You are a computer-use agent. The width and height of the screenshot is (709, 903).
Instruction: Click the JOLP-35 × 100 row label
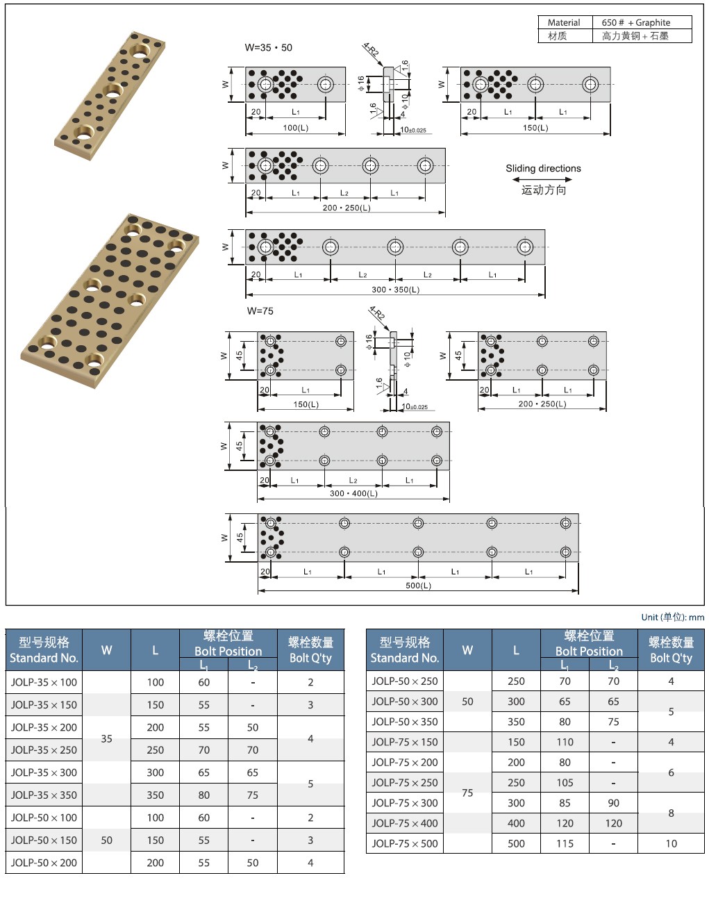(x=44, y=682)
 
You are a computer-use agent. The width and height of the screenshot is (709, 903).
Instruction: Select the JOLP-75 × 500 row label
(x=405, y=843)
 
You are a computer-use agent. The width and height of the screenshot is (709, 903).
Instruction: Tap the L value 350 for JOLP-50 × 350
(x=516, y=722)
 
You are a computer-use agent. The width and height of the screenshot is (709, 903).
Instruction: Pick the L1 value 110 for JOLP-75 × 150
(x=565, y=742)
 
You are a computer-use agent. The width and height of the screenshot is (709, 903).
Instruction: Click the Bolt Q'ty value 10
(x=671, y=843)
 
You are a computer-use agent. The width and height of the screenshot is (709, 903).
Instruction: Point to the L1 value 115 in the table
(x=565, y=843)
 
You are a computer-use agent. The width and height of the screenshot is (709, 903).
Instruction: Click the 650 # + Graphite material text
(x=635, y=22)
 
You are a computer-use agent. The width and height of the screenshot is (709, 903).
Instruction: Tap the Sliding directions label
(x=543, y=168)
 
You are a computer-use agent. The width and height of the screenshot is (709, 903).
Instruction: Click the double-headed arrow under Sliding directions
(x=542, y=179)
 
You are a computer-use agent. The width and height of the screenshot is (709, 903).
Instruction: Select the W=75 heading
(x=260, y=311)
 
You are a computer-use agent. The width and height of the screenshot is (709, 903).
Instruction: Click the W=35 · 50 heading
(x=269, y=48)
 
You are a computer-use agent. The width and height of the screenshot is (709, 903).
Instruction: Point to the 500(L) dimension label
(x=418, y=586)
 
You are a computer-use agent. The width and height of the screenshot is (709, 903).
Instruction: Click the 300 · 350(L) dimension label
(x=395, y=290)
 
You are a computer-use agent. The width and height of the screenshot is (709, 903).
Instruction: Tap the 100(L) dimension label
(x=295, y=128)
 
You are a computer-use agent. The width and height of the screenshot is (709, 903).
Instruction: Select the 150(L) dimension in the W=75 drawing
(x=306, y=404)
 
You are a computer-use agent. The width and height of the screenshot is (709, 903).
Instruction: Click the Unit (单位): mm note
(x=672, y=617)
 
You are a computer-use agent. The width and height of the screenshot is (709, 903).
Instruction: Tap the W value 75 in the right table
(x=467, y=793)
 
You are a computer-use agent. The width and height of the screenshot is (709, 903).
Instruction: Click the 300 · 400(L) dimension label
(x=353, y=493)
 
